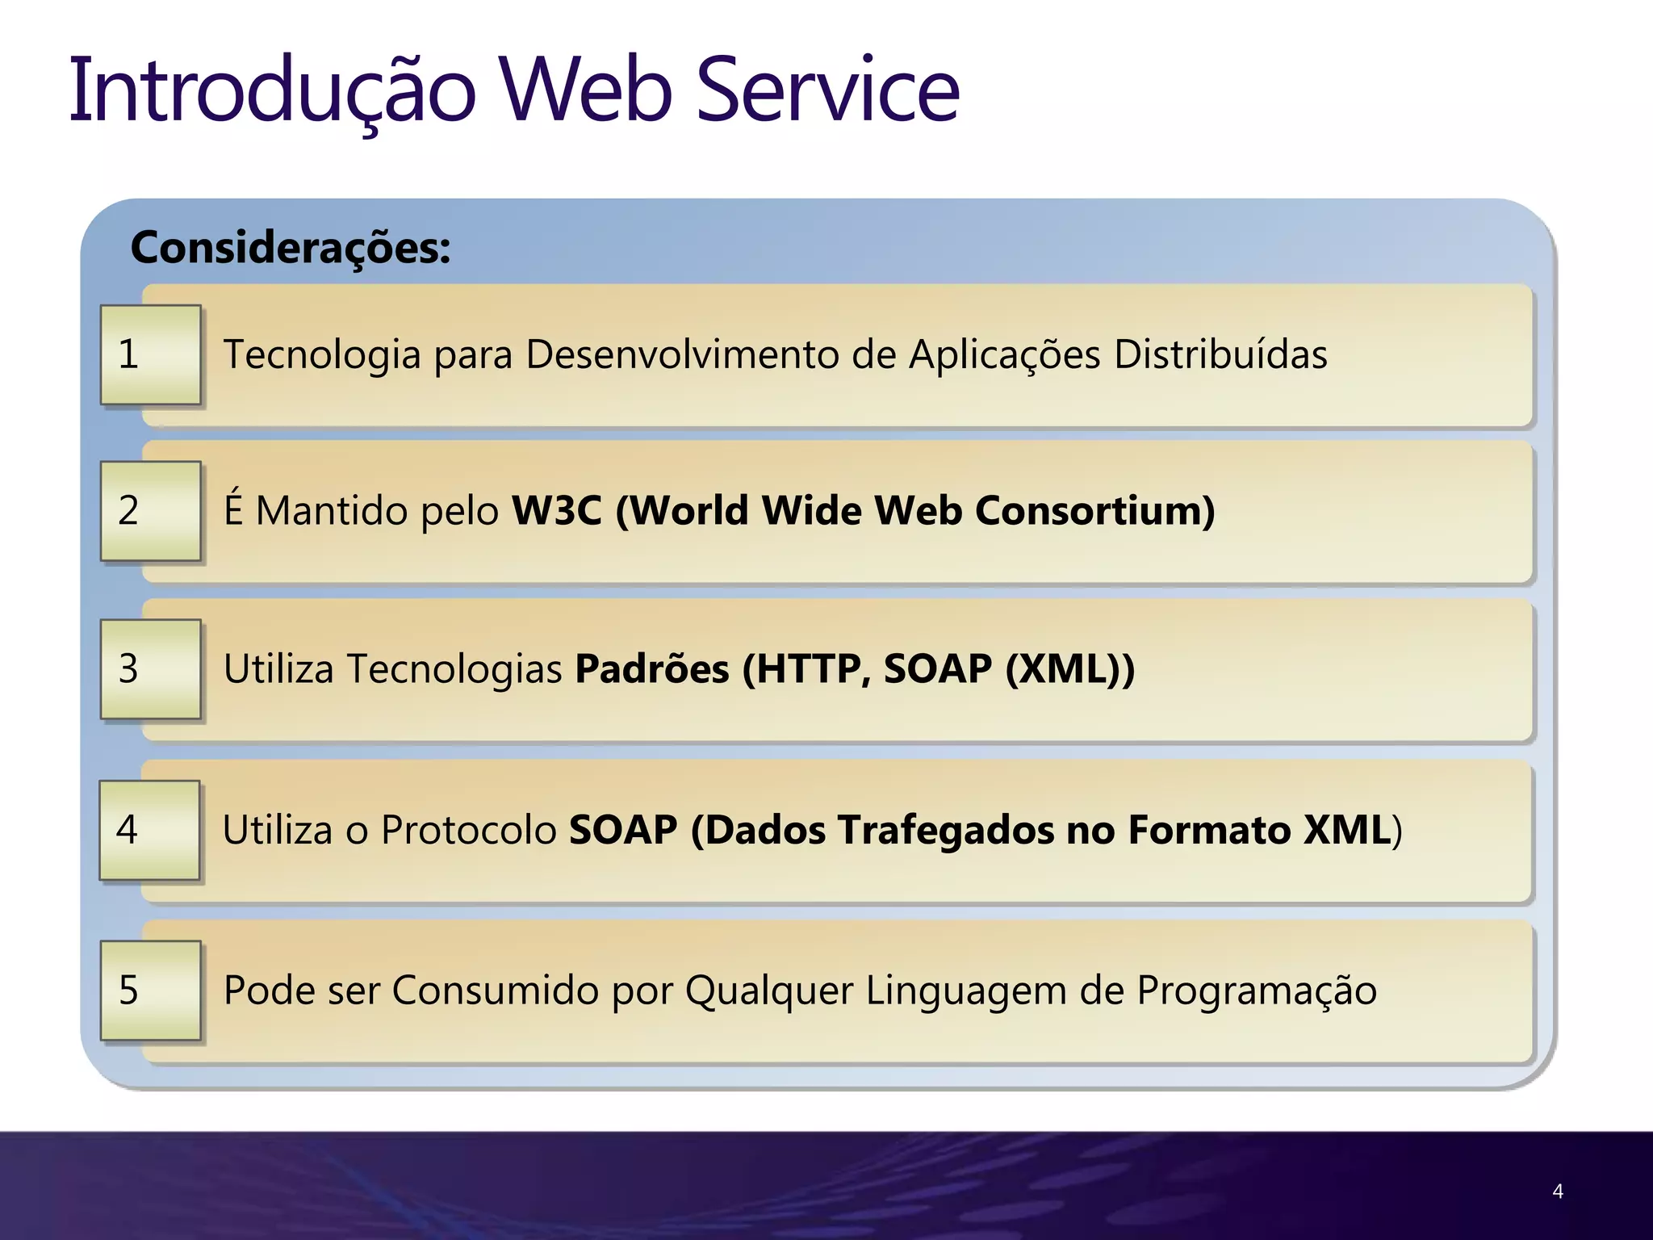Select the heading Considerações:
[291, 247]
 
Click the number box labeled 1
[150, 354]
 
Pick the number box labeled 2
[150, 510]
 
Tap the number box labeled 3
[150, 668]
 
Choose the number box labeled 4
[149, 830]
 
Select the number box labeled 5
[150, 990]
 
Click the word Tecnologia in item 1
[322, 355]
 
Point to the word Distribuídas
[1220, 354]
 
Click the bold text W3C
[557, 510]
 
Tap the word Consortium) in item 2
[1094, 510]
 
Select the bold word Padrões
[651, 668]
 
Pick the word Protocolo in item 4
[469, 830]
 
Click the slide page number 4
[1558, 1191]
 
